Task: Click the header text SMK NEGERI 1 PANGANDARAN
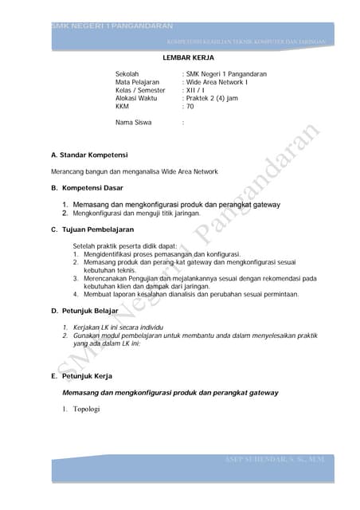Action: [x=94, y=27]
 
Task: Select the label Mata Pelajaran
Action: [x=137, y=82]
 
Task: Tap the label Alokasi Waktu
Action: [x=135, y=98]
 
